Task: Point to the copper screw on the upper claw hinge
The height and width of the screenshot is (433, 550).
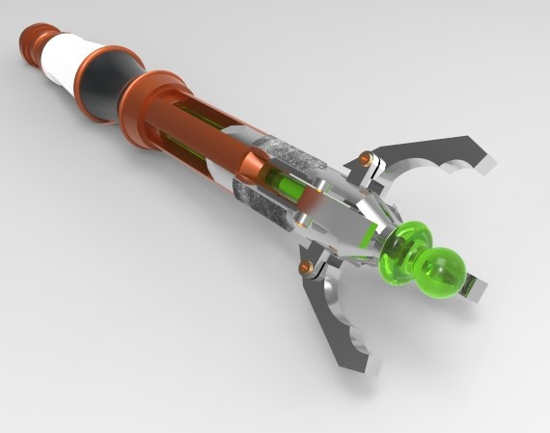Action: [x=365, y=158]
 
